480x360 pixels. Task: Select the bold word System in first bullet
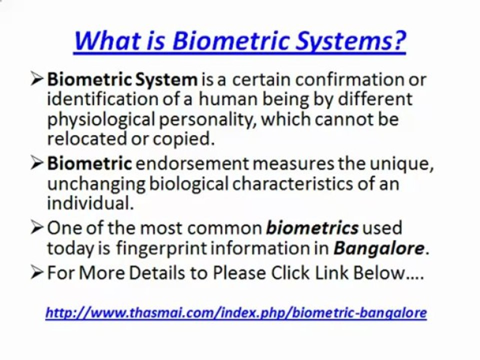(166, 80)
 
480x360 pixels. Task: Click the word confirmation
(350, 79)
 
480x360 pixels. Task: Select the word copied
(183, 139)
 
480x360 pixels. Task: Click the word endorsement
(192, 163)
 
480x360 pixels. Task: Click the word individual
(90, 203)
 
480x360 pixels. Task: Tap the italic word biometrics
(312, 228)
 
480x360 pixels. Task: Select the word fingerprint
(161, 249)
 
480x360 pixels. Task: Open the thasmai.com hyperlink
(236, 313)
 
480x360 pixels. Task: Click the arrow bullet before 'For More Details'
(37, 272)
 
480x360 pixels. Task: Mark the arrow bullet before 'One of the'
(37, 228)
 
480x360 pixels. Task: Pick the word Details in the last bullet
(156, 272)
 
